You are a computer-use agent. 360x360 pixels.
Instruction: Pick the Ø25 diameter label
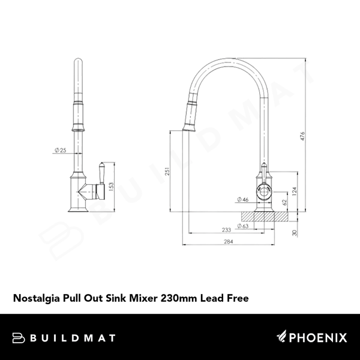coord(60,150)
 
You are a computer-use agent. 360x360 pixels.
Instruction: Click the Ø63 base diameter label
coord(244,226)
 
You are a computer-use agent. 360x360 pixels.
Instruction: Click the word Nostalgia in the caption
coord(38,296)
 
